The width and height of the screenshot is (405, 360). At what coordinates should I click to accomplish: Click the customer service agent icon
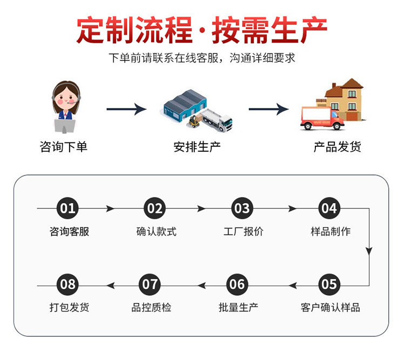(66, 106)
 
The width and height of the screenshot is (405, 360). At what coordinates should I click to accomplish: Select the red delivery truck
(322, 118)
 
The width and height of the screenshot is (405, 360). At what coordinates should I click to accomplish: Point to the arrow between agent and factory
(126, 109)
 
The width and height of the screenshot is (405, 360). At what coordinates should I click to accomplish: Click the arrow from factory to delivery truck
(268, 109)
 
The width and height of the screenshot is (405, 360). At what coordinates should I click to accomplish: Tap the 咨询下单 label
(64, 147)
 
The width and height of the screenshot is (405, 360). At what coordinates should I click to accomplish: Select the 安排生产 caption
(197, 147)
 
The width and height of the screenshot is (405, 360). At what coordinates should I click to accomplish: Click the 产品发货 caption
(337, 147)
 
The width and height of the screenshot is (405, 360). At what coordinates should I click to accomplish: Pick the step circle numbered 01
(68, 208)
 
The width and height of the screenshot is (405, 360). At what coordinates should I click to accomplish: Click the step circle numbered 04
(328, 208)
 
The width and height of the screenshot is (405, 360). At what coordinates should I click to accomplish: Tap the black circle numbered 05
(328, 284)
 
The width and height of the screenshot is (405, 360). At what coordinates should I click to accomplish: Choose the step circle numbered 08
(68, 284)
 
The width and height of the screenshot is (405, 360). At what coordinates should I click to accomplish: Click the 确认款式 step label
(156, 232)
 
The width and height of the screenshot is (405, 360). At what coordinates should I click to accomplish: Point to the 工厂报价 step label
(244, 232)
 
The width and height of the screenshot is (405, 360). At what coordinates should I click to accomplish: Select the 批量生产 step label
(238, 308)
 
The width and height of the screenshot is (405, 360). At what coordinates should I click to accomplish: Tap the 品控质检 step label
(151, 308)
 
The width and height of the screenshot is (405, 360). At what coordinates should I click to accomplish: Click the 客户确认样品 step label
(330, 308)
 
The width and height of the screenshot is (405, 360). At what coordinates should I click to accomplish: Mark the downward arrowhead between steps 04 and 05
(369, 251)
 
